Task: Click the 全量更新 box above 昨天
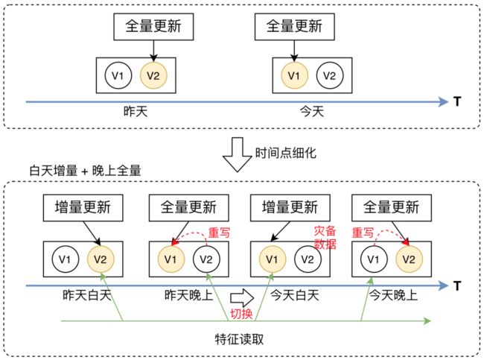point(153,27)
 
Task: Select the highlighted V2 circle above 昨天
point(153,75)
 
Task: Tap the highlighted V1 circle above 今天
point(294,75)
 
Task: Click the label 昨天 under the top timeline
point(136,112)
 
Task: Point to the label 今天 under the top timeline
point(312,112)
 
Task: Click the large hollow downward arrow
point(237,154)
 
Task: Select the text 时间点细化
point(286,153)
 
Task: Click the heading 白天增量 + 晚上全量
point(85,171)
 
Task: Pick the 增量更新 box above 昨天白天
point(83,208)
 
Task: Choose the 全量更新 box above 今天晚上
point(392,208)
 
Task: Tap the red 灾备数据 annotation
point(325,237)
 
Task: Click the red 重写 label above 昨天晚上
point(219,233)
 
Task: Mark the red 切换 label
point(241,314)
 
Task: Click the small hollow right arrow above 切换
point(242,297)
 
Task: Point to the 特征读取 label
point(239,339)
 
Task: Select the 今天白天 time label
point(295,295)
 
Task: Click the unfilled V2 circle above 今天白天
point(308,259)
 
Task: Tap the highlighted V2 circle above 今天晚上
point(409,259)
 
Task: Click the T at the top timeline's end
point(457,101)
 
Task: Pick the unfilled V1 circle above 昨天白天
point(66,259)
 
